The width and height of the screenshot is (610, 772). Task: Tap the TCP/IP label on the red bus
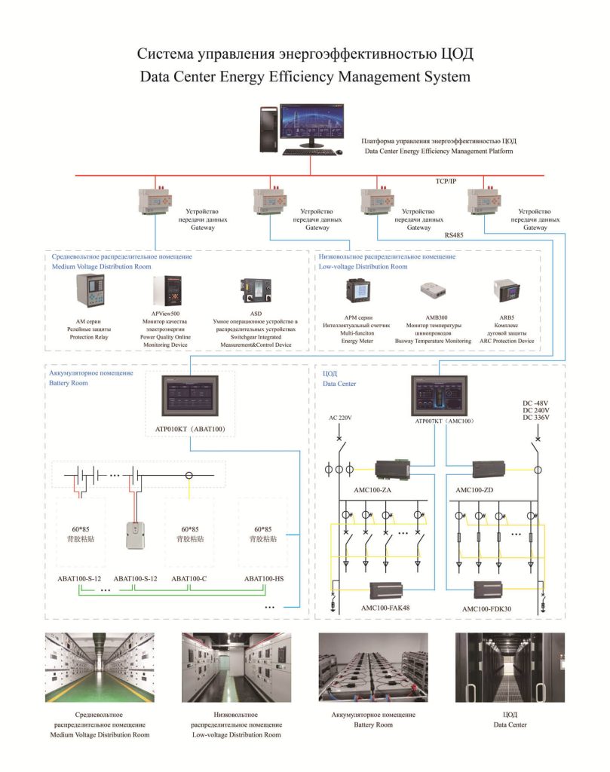[446, 181]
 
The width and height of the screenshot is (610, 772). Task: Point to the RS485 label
[454, 235]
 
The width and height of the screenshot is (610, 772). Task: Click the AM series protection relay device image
[90, 291]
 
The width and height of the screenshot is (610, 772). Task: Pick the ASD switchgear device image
[256, 290]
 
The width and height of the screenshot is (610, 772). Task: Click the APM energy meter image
[357, 290]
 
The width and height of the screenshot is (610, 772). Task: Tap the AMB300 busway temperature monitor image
[434, 290]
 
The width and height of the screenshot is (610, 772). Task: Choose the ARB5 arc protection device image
[507, 290]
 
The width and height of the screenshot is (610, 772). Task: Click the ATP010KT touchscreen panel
[190, 396]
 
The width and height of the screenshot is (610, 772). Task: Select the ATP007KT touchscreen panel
[439, 396]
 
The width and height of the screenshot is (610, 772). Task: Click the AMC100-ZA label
[372, 490]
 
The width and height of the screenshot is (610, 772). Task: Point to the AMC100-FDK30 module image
[487, 590]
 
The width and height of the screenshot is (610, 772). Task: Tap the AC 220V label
[340, 418]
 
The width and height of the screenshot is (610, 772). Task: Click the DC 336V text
[535, 418]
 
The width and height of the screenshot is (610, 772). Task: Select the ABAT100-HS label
[264, 578]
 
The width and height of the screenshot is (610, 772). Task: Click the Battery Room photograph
[373, 668]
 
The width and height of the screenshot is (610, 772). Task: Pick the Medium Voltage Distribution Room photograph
[100, 668]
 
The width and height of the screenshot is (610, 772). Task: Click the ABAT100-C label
[189, 578]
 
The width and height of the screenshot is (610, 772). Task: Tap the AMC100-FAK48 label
[385, 608]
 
